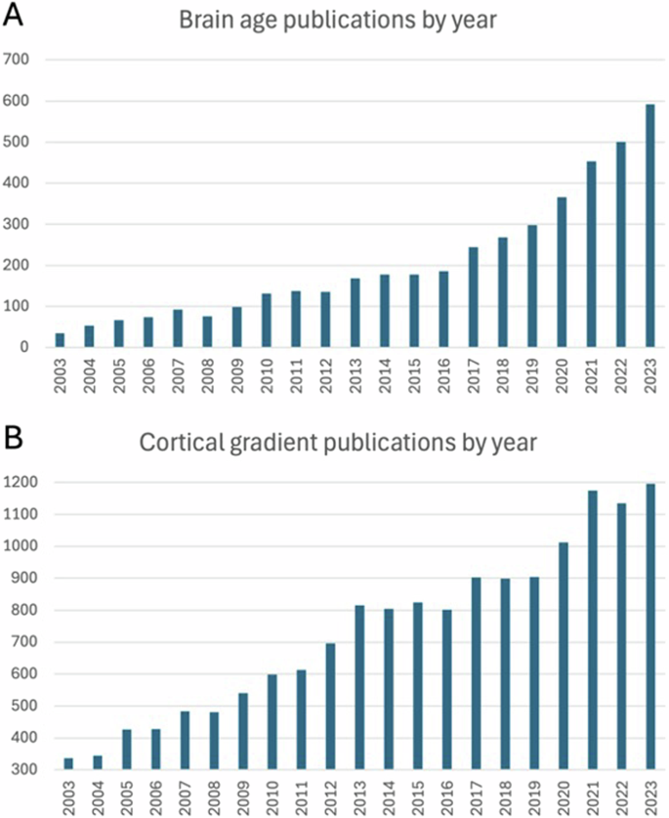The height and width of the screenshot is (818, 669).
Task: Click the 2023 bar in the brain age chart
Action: pos(649,226)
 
